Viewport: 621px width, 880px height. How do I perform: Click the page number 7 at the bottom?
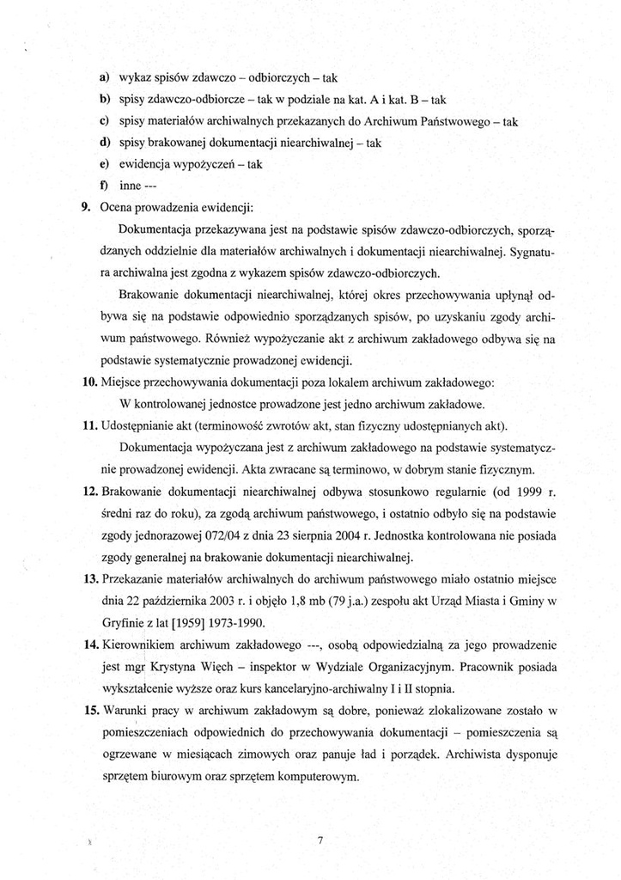pos(318,840)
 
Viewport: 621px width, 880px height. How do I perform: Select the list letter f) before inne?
pos(103,184)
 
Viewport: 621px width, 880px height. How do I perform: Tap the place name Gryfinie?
pos(126,622)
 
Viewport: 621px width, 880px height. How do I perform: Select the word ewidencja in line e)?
pos(145,163)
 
